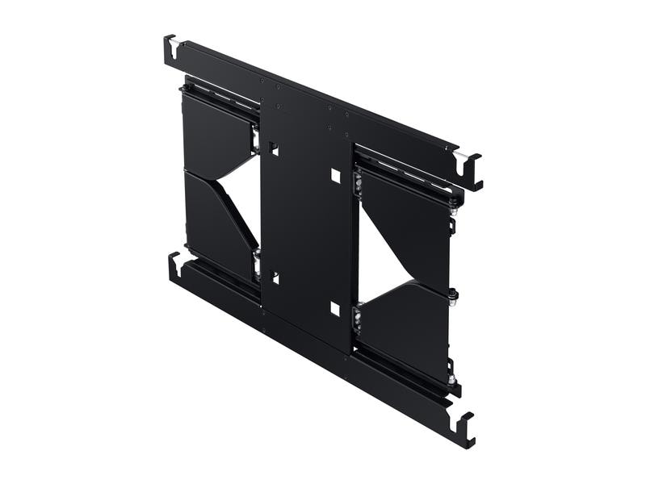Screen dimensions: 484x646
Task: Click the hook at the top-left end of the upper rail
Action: [x=170, y=50]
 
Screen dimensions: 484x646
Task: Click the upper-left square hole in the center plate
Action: [x=275, y=150]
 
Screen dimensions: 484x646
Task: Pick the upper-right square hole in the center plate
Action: [x=335, y=175]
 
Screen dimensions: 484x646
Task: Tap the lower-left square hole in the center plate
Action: [x=275, y=277]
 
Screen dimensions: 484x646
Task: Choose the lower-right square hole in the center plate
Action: [x=335, y=308]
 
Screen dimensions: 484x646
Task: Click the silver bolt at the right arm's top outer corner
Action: [x=454, y=211]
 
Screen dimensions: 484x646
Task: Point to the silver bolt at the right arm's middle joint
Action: [x=454, y=294]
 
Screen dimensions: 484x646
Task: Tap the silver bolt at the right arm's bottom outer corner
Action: [x=453, y=378]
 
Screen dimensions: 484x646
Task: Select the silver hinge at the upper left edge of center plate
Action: [x=256, y=140]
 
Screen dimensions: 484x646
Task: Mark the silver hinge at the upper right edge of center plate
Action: [x=356, y=183]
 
